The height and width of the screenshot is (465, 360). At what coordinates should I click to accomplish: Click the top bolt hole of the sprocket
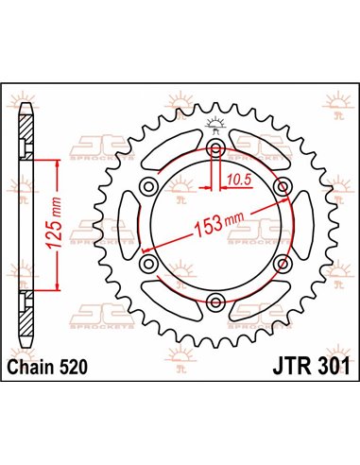point(216,150)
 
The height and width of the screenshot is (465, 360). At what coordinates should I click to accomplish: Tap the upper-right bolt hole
point(283,188)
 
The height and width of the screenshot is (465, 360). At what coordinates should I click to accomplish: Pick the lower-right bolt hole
point(283,264)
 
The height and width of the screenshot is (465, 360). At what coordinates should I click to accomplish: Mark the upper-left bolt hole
point(150,188)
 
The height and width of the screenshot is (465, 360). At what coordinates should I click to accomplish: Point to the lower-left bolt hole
point(150,264)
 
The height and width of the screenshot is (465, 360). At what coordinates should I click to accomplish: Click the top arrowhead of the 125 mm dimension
point(60,164)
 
